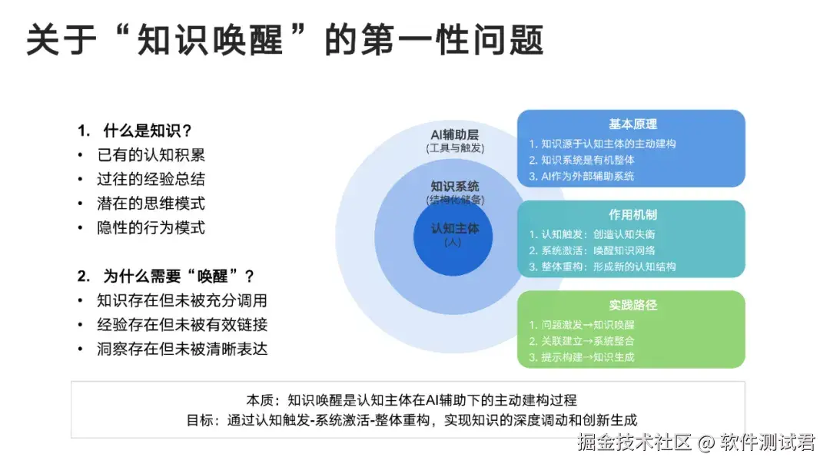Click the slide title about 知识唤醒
click(285, 39)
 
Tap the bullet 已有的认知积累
click(151, 155)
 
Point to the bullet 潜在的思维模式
click(151, 204)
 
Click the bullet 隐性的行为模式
click(151, 228)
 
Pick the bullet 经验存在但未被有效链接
click(181, 324)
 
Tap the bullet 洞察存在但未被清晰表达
click(181, 349)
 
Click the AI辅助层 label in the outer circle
click(455, 134)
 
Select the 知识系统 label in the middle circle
click(455, 187)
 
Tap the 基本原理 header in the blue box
click(632, 124)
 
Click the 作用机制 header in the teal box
click(632, 215)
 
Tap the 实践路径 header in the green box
click(632, 305)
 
